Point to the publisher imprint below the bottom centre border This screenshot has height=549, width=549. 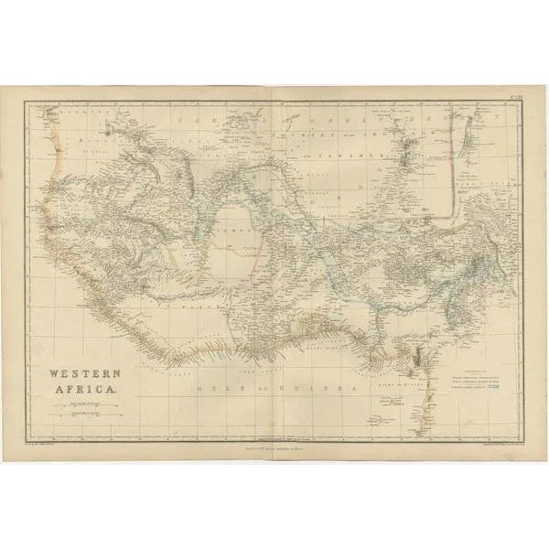(274, 447)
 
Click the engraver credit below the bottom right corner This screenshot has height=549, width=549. (492, 442)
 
